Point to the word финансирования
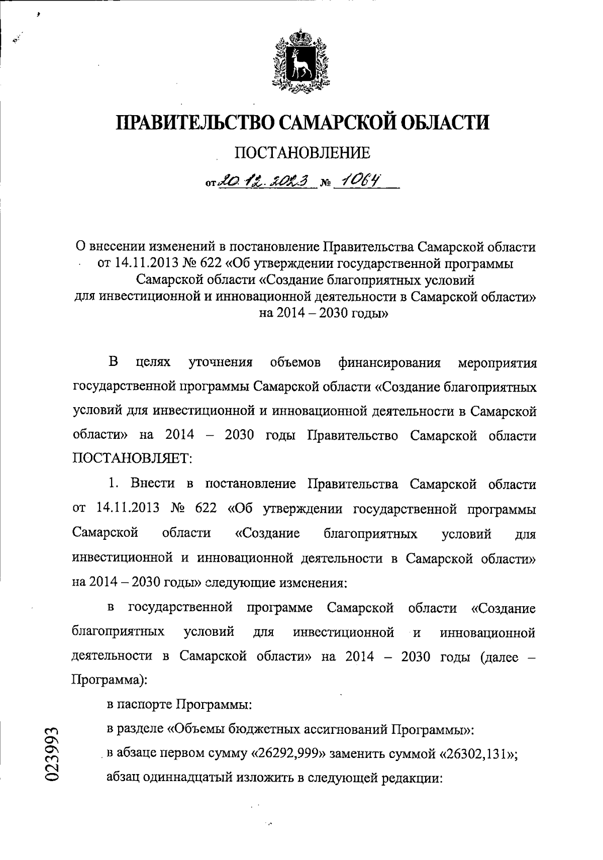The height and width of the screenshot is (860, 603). (x=389, y=363)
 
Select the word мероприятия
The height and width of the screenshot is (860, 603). (x=497, y=363)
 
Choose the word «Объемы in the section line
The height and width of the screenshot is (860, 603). (x=200, y=729)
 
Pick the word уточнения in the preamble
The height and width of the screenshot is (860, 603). (x=220, y=363)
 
